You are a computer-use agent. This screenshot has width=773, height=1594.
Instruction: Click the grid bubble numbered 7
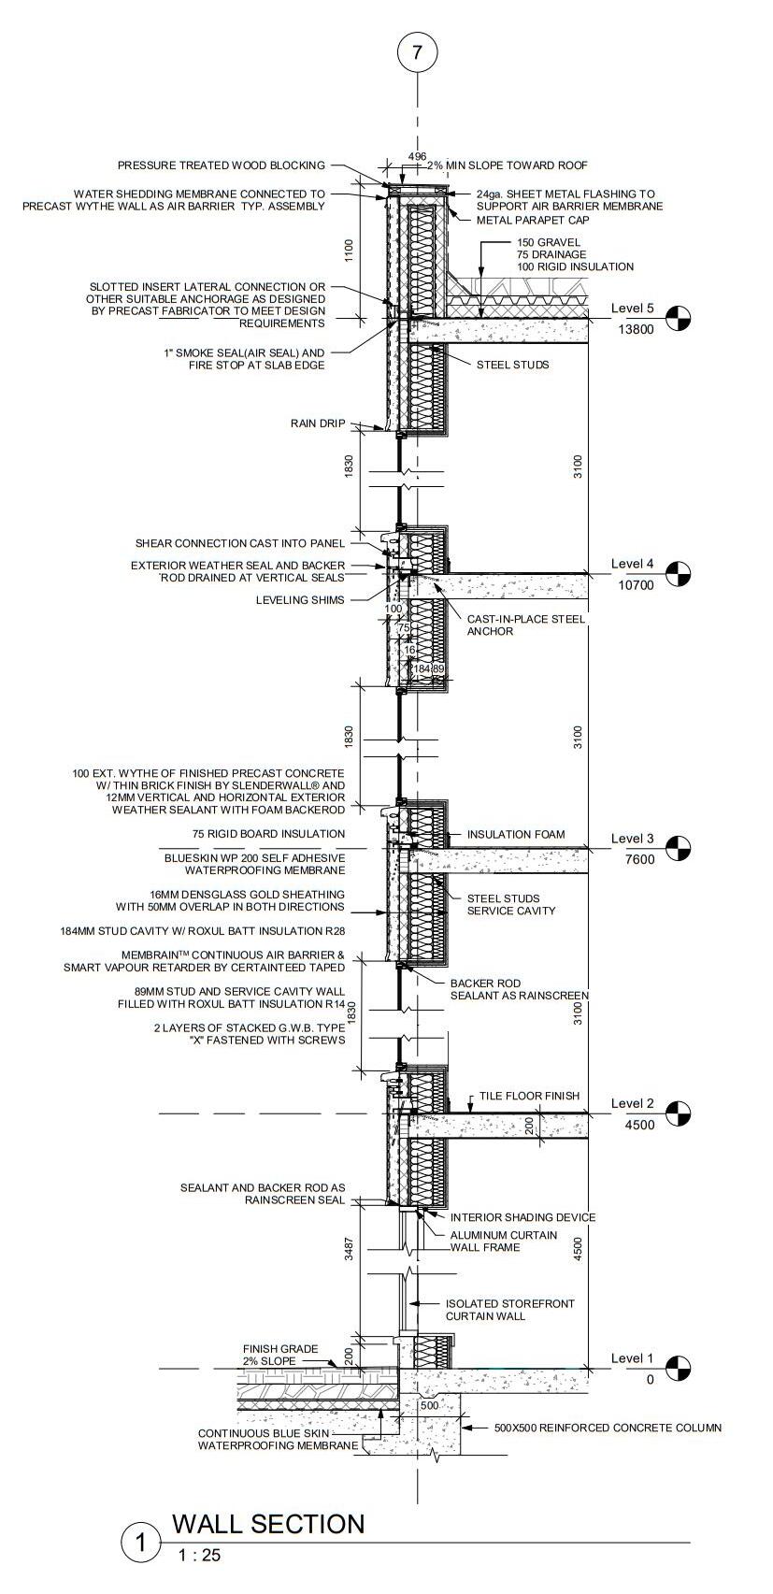(417, 52)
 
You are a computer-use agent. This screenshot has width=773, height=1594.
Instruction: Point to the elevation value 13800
(637, 329)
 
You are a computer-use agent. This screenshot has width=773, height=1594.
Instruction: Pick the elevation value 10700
(637, 585)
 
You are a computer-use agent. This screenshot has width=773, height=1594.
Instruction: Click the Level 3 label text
(633, 839)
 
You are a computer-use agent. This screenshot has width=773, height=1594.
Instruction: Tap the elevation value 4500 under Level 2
(640, 1125)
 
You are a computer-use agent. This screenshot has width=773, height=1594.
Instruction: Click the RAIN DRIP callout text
(318, 424)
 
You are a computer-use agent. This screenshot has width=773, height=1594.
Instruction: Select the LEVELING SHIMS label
(300, 600)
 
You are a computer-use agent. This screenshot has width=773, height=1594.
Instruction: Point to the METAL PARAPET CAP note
(529, 221)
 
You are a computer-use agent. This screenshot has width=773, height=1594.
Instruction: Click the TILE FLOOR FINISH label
(529, 1096)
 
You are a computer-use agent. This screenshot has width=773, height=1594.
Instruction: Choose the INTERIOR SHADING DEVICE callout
(522, 1217)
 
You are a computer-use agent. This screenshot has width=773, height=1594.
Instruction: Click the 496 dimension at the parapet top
(417, 156)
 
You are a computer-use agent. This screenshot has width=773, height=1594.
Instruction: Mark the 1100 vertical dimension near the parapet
(349, 250)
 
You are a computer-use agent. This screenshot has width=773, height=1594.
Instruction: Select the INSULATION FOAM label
(516, 834)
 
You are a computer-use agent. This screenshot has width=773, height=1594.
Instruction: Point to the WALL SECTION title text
(268, 1524)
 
